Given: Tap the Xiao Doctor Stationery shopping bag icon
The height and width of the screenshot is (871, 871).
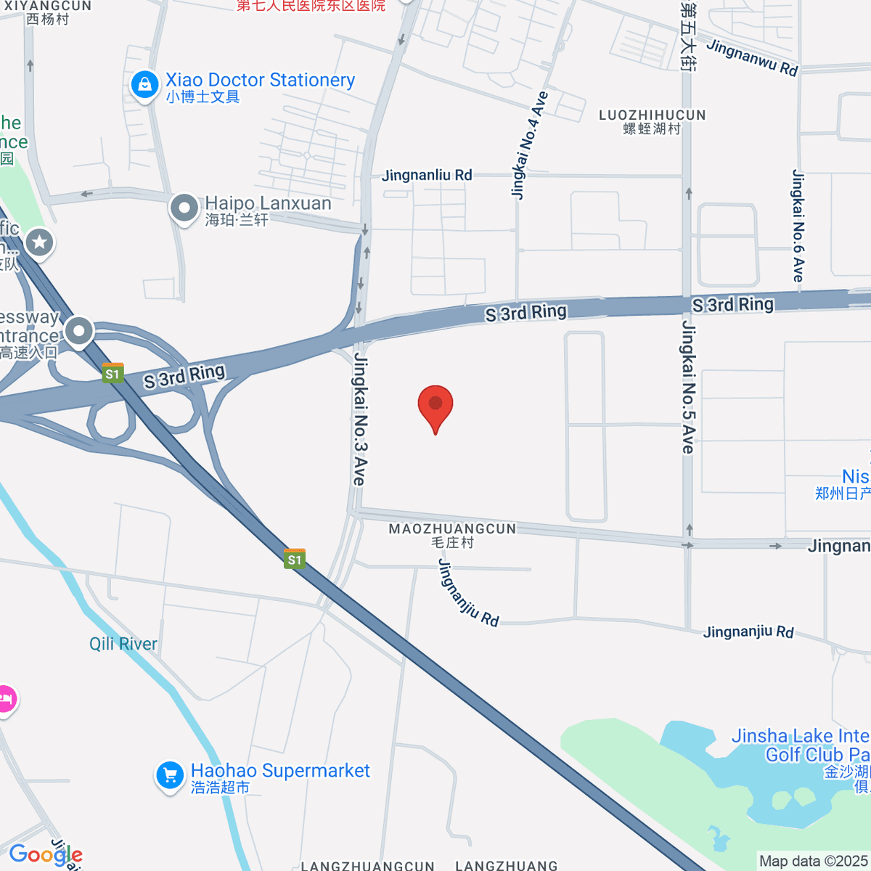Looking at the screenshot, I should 145,84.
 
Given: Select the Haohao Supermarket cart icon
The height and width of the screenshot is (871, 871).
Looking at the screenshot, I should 170,775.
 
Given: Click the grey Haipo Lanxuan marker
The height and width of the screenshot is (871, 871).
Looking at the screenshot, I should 184,208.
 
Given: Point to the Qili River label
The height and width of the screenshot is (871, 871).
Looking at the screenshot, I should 123,644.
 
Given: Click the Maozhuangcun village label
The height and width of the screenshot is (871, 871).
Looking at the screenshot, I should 452,535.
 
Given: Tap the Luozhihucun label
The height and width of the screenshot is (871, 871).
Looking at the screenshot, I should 652,121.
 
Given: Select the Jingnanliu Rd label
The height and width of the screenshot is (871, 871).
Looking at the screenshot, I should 427,175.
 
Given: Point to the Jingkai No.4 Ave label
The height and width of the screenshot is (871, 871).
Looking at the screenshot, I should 529,145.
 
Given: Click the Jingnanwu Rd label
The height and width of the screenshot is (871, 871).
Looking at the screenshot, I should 752,58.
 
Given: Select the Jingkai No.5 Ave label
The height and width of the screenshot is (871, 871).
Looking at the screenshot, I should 687,388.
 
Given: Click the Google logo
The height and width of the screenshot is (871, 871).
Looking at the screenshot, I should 45,855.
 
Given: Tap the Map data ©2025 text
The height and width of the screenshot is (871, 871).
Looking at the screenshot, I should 813,861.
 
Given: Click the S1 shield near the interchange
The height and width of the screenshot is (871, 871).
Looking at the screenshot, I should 113,374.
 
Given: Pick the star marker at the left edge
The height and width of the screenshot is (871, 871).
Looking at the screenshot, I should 39,241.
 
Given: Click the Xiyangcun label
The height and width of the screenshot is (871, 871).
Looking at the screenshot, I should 48,12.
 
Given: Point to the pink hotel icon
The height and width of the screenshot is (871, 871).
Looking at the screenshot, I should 6,700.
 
